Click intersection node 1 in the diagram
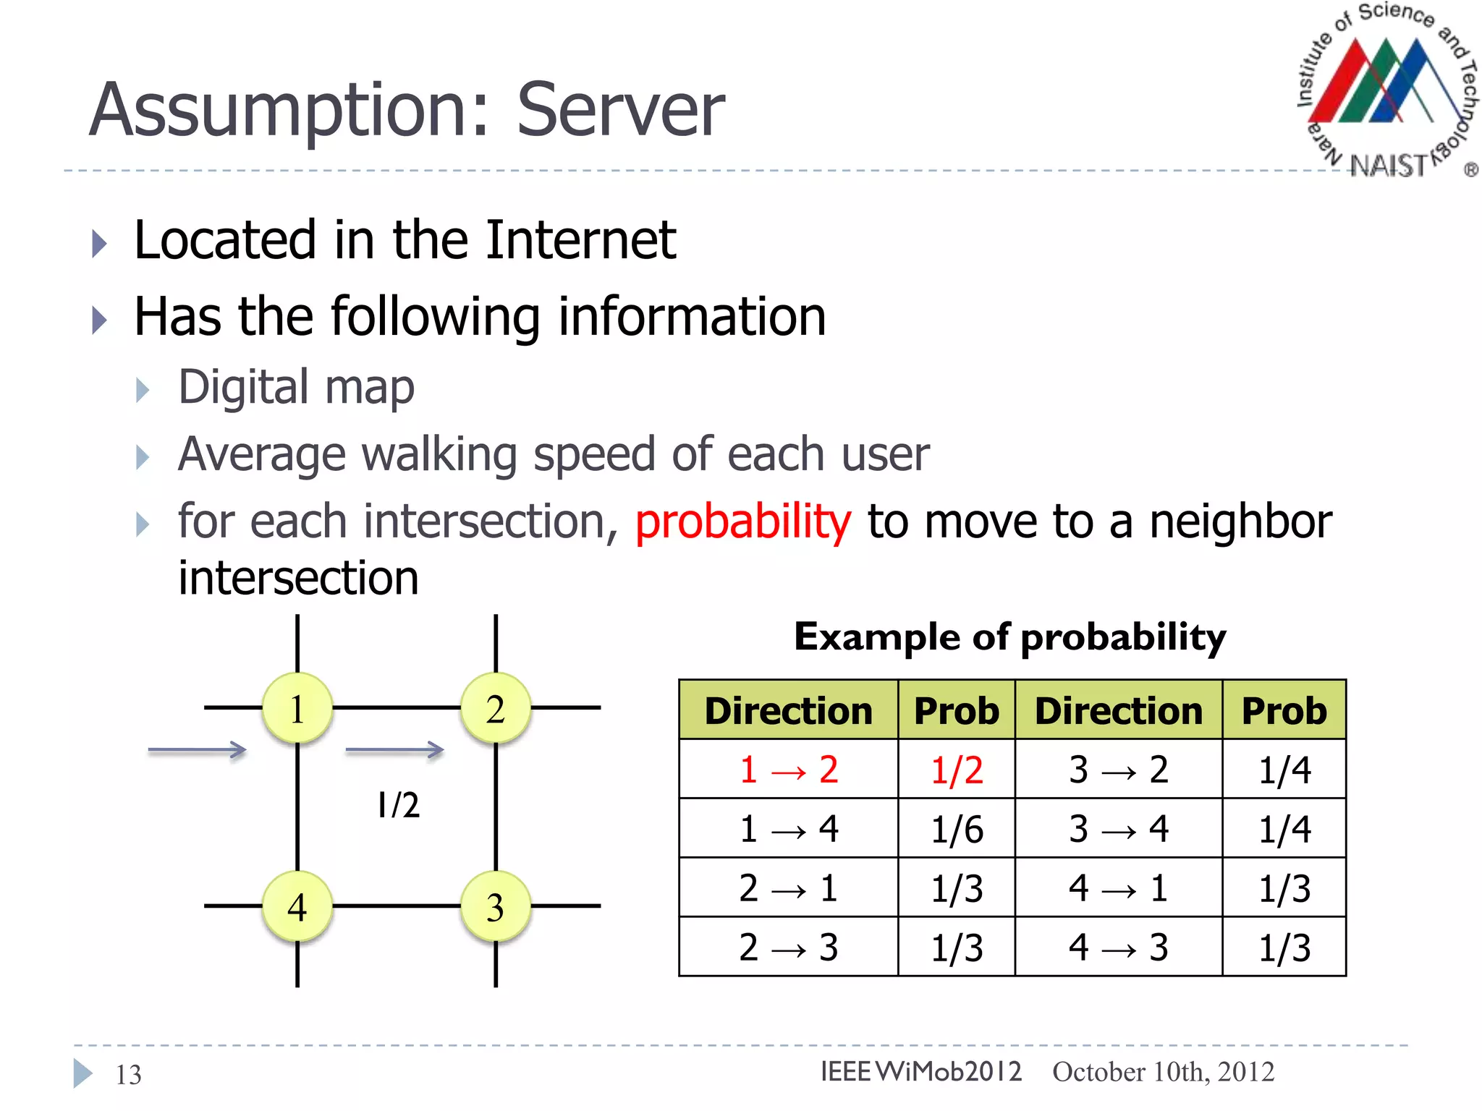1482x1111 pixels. coord(297,708)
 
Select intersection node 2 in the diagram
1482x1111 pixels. coord(496,708)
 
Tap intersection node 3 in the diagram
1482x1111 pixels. coord(496,907)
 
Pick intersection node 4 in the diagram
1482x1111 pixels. coord(297,907)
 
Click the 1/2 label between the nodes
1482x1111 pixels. coord(398,805)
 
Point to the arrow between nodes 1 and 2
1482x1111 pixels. coord(394,750)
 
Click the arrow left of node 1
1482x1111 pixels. coord(197,750)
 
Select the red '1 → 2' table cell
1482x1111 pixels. coord(788,769)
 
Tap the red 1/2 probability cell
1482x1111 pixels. coord(957,770)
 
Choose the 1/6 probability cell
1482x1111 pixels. coord(957,829)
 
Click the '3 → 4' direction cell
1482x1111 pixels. coord(1118,828)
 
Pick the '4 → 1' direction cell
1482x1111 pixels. coord(1118,887)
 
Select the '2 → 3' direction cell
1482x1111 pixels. coord(788,947)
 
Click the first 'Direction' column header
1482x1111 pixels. coord(788,710)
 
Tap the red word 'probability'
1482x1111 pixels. coord(743,522)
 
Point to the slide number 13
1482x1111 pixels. coord(129,1075)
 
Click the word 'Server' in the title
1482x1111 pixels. coord(620,110)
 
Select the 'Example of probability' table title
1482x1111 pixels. coord(1010,637)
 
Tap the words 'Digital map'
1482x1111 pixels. coord(296,387)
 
